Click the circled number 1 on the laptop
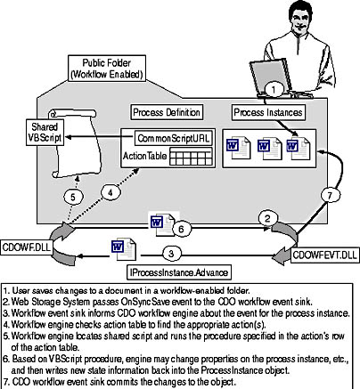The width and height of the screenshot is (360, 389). click(274, 89)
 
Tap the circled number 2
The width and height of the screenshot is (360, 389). click(267, 219)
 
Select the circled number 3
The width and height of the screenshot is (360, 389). click(171, 254)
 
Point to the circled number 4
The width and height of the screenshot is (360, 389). click(110, 193)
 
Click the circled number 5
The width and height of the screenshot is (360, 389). click(73, 197)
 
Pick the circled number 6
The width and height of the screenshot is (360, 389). click(182, 229)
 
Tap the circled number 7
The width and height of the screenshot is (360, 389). click(330, 195)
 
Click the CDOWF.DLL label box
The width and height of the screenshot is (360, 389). click(26, 247)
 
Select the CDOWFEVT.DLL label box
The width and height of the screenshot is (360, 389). click(324, 255)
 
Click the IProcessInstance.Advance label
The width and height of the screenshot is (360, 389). click(179, 272)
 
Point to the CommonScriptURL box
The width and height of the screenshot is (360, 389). click(174, 138)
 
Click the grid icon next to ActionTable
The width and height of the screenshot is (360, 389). click(191, 157)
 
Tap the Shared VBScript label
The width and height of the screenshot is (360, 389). click(45, 133)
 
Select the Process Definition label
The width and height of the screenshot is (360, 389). click(167, 112)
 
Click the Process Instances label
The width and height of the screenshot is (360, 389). click(268, 112)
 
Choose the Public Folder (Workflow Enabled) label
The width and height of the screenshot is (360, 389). click(107, 69)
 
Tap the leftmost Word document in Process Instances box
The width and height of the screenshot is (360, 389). click(238, 148)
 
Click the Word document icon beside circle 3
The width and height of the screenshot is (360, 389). click(124, 248)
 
